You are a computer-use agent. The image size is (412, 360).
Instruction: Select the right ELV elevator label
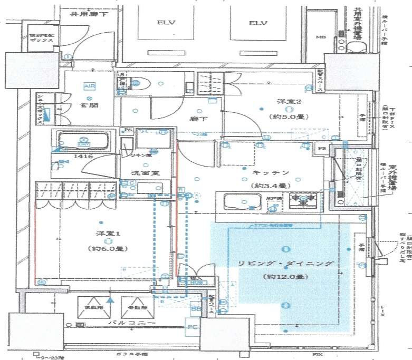(x=258, y=23)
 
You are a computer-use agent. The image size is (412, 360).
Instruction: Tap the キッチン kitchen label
(x=269, y=172)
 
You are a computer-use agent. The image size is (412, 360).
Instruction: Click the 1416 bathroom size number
(x=68, y=157)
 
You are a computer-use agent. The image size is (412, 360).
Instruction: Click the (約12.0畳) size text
(x=285, y=276)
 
